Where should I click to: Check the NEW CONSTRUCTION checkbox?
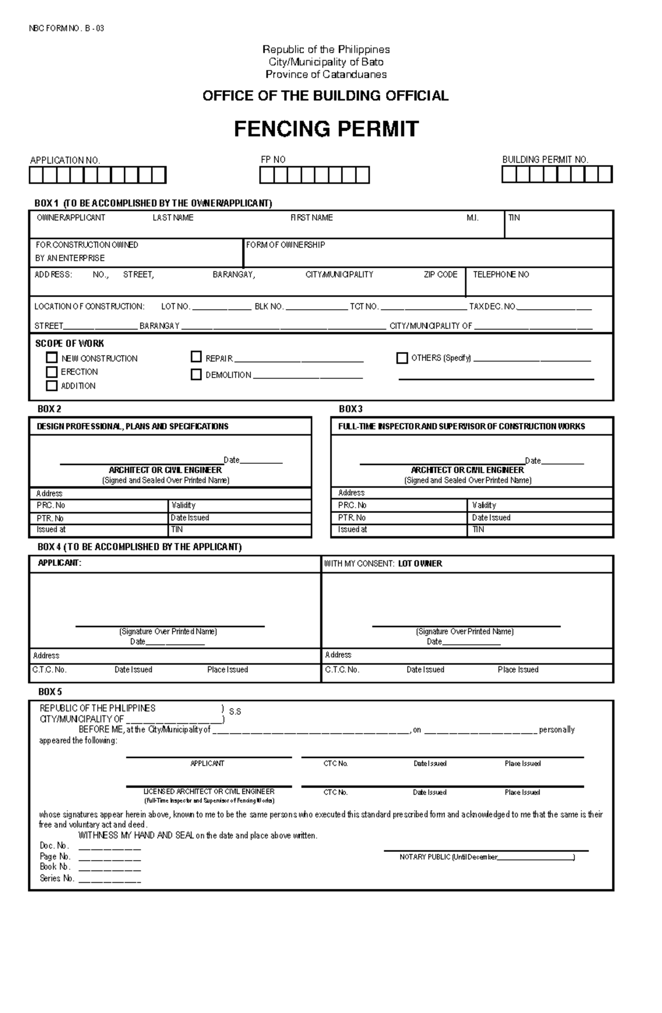click(x=52, y=358)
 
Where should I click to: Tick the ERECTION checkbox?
click(x=52, y=372)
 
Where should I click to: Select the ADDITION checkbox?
click(x=52, y=385)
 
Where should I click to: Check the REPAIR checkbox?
click(x=196, y=357)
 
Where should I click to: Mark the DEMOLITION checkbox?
click(x=196, y=374)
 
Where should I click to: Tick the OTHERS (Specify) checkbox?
click(x=402, y=358)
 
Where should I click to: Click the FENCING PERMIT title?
click(x=326, y=129)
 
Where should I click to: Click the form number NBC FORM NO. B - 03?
click(x=66, y=29)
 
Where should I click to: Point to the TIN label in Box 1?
click(x=514, y=218)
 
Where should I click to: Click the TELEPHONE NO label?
click(x=500, y=274)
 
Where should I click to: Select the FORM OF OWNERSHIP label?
click(x=285, y=245)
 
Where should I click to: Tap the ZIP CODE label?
click(x=440, y=274)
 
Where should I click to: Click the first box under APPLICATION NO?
click(x=36, y=175)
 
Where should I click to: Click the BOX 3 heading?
click(x=350, y=409)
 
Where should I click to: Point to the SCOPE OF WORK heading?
click(x=70, y=343)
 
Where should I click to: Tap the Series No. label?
click(x=56, y=878)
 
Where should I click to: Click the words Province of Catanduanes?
click(x=326, y=74)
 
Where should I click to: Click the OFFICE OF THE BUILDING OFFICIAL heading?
click(x=325, y=96)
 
